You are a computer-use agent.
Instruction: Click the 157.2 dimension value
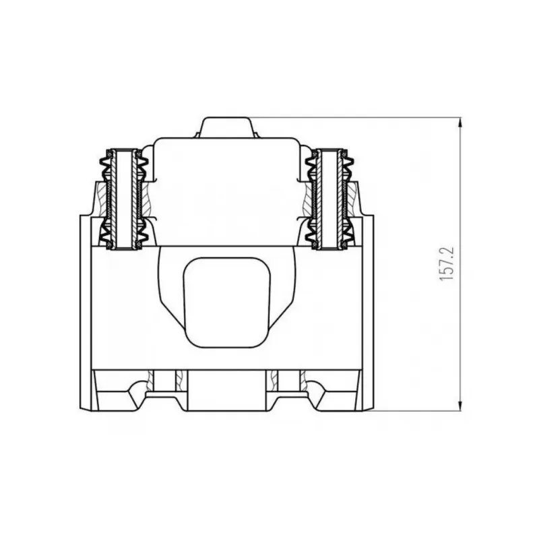point(447,263)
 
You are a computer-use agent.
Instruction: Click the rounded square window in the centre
point(227,302)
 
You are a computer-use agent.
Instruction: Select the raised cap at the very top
point(227,128)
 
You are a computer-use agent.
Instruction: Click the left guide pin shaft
point(123,199)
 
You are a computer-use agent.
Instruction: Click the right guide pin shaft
point(330,199)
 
